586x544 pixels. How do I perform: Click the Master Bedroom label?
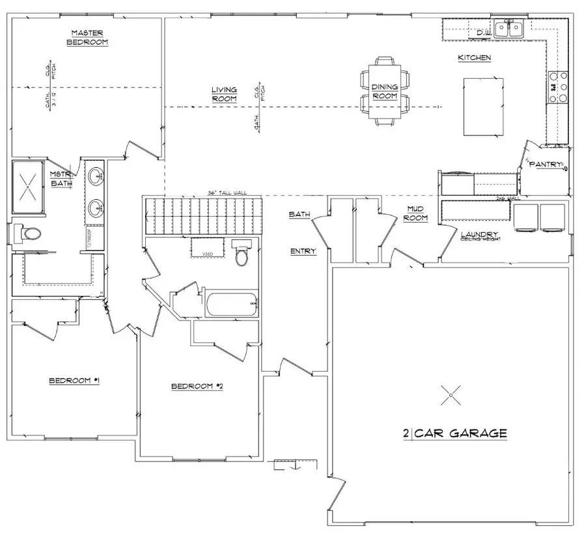89,37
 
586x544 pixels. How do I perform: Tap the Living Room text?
223,94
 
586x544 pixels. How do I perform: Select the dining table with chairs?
384,91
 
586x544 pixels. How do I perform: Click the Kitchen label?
474,58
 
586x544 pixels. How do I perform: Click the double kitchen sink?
509,29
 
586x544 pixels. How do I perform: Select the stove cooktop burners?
558,88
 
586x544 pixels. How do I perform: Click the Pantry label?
545,165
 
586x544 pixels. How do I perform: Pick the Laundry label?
479,234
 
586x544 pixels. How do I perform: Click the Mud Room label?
415,213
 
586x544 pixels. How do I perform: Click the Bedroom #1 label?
74,381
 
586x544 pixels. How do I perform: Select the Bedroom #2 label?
197,387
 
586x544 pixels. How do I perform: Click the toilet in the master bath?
29,232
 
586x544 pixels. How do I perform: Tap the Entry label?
303,251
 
